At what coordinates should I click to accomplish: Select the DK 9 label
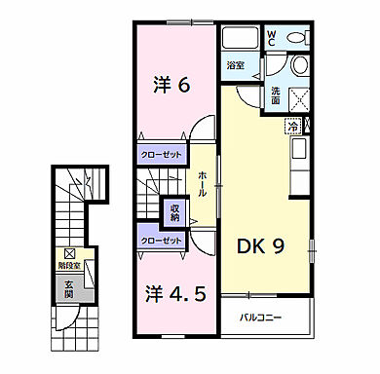pyautogui.click(x=262, y=248)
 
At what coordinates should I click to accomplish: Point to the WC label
pyautogui.click(x=272, y=38)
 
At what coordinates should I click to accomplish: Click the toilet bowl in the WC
pyautogui.click(x=297, y=65)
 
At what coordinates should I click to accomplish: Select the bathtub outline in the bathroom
pyautogui.click(x=239, y=39)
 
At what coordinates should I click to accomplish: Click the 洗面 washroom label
pyautogui.click(x=276, y=95)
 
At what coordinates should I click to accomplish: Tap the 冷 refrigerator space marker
pyautogui.click(x=291, y=124)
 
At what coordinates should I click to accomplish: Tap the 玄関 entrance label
pyautogui.click(x=69, y=288)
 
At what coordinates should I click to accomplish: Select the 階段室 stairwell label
pyautogui.click(x=70, y=263)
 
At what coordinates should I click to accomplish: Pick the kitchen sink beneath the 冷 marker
pyautogui.click(x=297, y=149)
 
